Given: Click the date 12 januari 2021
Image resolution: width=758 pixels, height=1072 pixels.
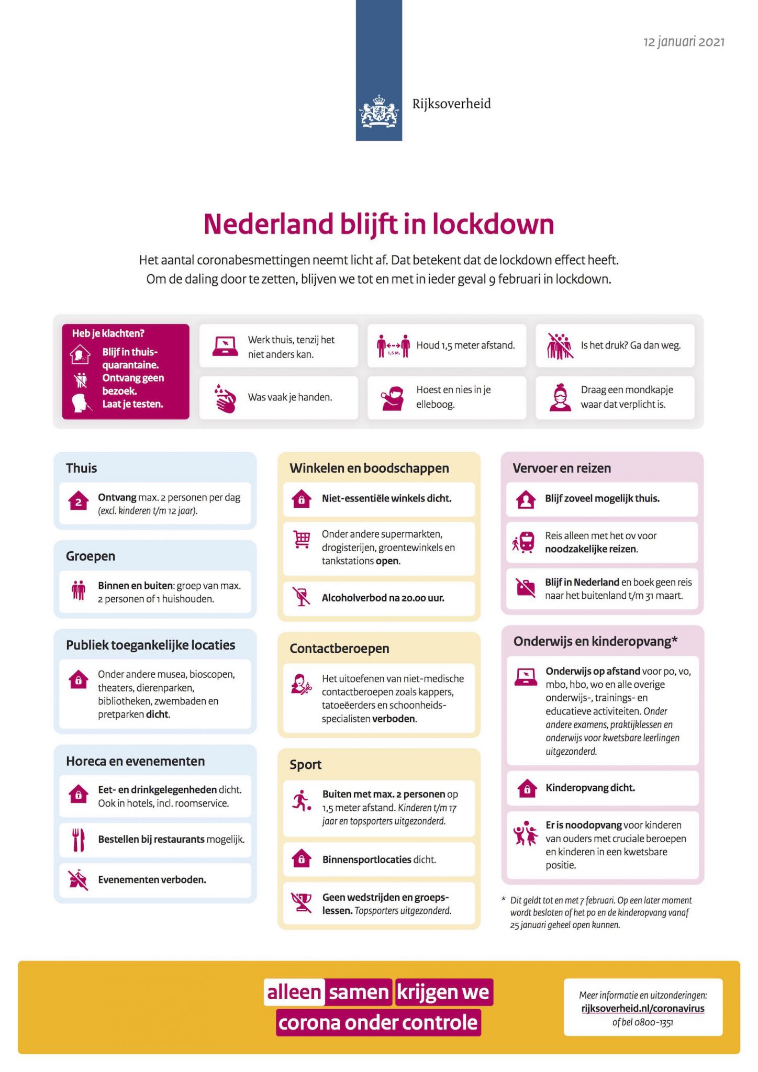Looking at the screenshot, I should point(684,42).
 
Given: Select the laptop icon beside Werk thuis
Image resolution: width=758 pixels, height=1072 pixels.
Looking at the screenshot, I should point(226,347).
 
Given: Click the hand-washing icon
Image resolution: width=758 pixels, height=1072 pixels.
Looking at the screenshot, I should point(226,398).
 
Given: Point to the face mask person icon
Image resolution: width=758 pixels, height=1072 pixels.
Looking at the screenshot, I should point(560,398).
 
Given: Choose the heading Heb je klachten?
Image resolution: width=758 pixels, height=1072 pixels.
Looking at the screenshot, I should point(108,333).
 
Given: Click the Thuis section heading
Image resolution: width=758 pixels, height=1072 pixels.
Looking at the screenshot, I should point(82,468).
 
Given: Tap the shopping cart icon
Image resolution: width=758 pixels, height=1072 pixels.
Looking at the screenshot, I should point(302,539).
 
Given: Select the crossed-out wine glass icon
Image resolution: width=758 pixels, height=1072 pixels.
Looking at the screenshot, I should point(302,597).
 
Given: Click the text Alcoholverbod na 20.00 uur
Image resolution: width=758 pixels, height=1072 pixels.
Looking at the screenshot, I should point(383,598).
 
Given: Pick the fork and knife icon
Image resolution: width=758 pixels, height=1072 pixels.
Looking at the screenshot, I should point(79,839).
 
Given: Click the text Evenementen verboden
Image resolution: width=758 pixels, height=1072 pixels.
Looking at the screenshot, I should point(152,879).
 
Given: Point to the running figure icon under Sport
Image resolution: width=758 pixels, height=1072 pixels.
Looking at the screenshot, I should point(301,801).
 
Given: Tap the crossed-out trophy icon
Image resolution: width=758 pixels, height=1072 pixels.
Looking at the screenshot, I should point(302,902).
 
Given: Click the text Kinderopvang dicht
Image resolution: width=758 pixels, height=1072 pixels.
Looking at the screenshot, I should point(590,788).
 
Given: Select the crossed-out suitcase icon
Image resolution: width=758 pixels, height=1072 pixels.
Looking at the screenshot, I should point(526,588).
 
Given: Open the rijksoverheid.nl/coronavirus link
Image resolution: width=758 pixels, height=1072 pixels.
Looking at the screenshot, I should point(643,1009).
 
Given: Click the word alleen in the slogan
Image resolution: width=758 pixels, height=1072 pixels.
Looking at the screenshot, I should point(294,992).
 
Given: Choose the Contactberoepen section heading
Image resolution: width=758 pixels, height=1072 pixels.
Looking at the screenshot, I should point(339,649).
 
